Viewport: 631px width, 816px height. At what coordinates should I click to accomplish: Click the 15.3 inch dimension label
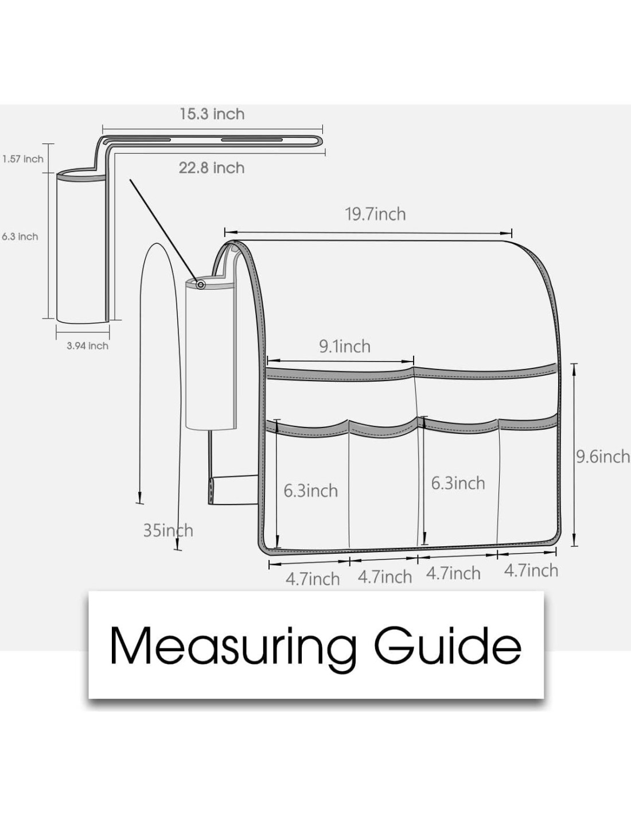pyautogui.click(x=212, y=114)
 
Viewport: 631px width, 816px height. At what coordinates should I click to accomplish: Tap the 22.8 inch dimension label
pyautogui.click(x=212, y=168)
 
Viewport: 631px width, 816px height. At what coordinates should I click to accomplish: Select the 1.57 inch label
pyautogui.click(x=23, y=159)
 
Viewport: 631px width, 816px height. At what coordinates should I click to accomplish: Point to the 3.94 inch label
pyautogui.click(x=87, y=345)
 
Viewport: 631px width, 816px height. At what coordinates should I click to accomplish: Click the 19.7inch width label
pyautogui.click(x=375, y=214)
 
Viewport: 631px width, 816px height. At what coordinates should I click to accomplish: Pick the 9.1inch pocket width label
pyautogui.click(x=345, y=346)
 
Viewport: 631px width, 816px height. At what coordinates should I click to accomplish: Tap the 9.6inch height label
pyautogui.click(x=603, y=457)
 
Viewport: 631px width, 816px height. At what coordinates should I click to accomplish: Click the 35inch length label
pyautogui.click(x=168, y=531)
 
